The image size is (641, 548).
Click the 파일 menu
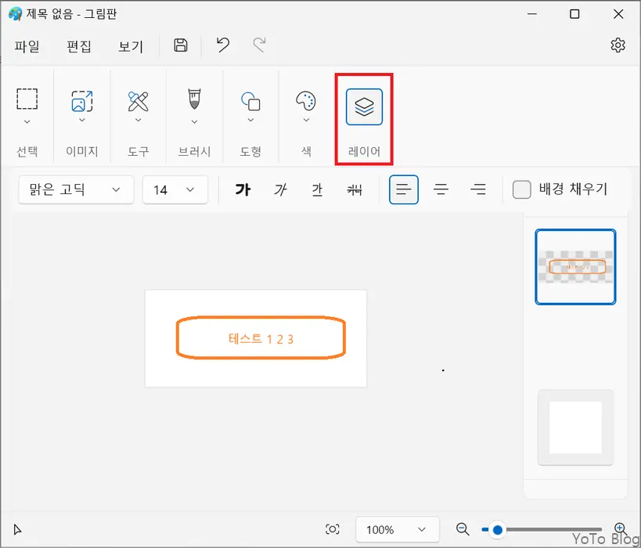point(27,46)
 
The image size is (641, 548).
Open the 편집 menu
point(79,46)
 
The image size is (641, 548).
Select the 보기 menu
point(131,46)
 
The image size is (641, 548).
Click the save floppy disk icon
point(181,45)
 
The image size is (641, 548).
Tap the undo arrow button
point(223,45)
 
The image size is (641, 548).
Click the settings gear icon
point(618,45)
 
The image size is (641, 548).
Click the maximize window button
point(575,14)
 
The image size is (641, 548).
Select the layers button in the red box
point(364,107)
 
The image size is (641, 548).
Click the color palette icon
point(306,101)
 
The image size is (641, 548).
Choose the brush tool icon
point(194,100)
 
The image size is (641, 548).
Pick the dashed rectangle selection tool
point(27,99)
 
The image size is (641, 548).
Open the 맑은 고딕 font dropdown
point(75,189)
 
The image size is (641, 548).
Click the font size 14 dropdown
point(175,189)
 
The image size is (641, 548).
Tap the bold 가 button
point(243,189)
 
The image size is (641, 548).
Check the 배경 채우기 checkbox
point(521,189)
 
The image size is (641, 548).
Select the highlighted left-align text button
point(403,189)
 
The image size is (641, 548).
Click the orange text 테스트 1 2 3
point(261,339)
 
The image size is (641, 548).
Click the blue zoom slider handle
point(497,530)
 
